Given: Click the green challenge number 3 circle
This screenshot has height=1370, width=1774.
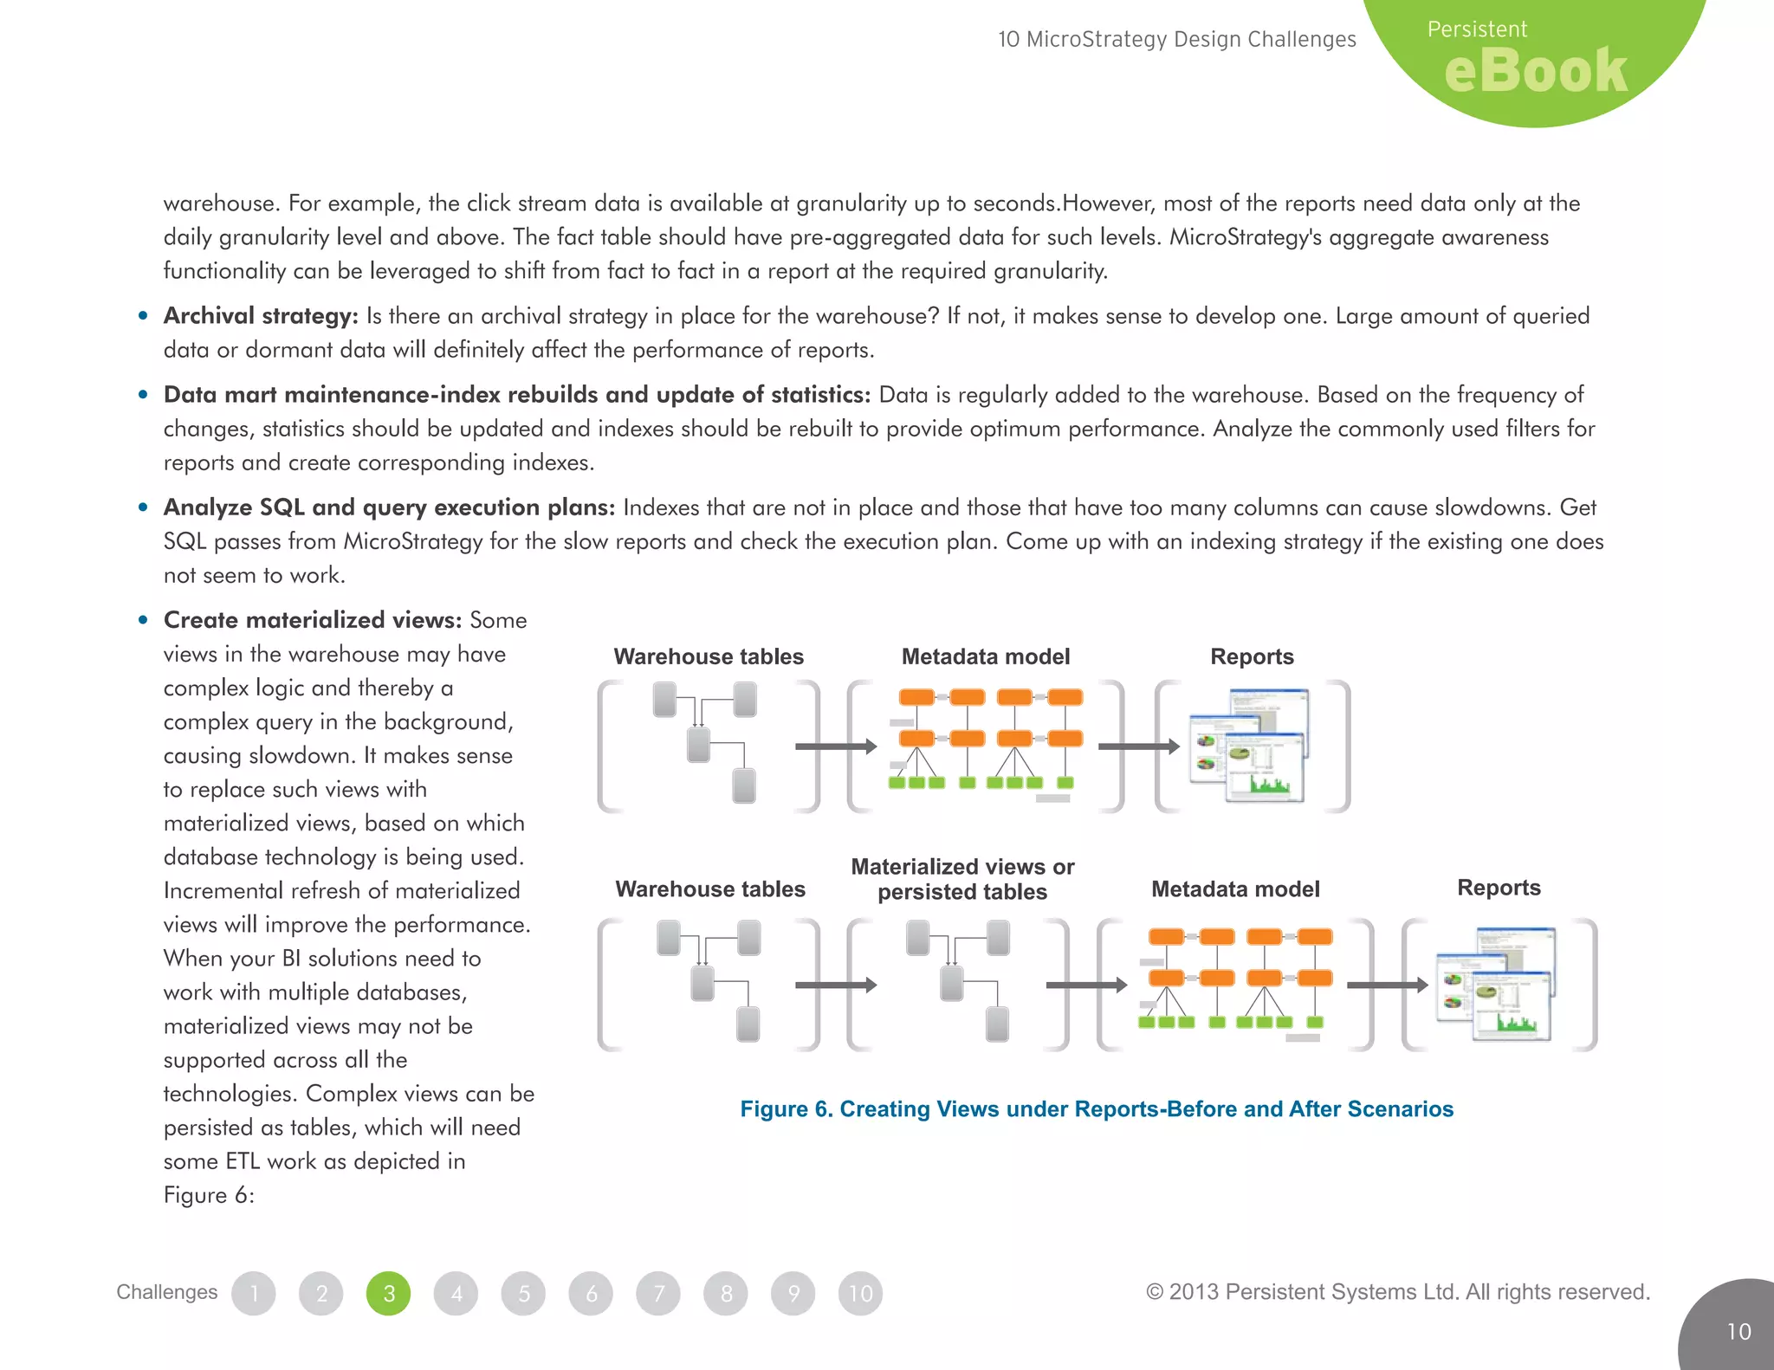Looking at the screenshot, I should click(389, 1293).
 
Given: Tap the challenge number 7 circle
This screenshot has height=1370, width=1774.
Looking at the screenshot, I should click(659, 1293).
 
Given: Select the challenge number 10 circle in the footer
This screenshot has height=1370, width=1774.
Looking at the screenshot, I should click(860, 1293).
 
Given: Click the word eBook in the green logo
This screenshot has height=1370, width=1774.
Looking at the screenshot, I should click(1536, 71).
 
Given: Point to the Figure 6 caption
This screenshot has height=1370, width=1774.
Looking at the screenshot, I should click(1097, 1109).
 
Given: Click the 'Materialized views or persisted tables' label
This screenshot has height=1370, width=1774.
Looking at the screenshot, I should click(962, 879).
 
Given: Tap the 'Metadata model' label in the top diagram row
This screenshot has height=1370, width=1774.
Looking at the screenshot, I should click(986, 656).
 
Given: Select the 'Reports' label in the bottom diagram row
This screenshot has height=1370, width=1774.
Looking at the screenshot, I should click(1499, 888).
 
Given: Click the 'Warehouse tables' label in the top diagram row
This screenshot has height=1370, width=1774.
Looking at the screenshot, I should click(709, 656).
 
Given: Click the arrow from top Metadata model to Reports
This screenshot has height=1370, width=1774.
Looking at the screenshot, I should click(1138, 746).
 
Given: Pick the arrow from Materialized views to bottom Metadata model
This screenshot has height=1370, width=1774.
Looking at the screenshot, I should click(1085, 985).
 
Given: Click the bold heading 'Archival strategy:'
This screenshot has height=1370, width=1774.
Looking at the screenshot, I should click(261, 316).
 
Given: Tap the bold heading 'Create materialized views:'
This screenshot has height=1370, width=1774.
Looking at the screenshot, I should click(313, 620).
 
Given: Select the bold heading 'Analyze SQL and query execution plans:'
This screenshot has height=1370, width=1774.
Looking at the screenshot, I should click(389, 507).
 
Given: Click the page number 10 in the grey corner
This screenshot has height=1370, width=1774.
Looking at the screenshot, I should click(1738, 1331).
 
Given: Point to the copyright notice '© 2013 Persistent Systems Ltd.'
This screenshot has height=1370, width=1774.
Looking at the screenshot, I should click(1397, 1292).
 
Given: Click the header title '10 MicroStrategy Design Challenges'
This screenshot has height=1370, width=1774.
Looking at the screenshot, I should click(1176, 40).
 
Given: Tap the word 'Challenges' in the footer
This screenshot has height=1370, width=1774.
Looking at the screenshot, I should click(167, 1292).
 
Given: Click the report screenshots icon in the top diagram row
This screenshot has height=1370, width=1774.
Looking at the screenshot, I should click(1250, 746).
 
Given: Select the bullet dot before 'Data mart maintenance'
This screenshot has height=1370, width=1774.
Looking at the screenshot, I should click(143, 395).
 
